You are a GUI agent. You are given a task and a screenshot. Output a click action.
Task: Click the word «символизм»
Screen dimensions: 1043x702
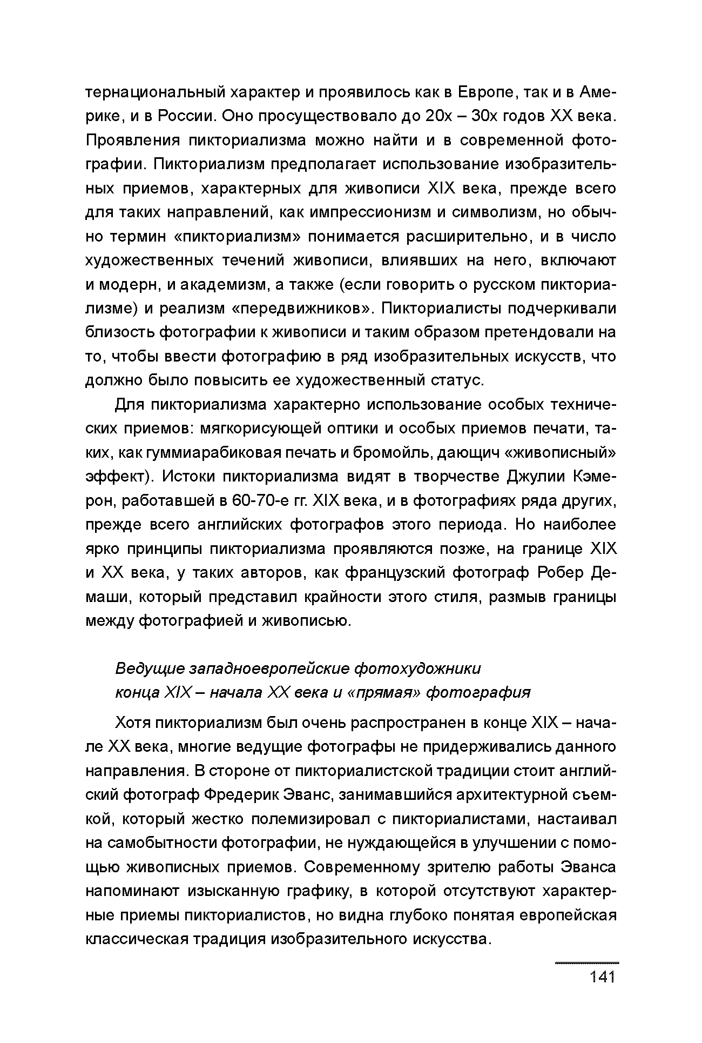click(495, 213)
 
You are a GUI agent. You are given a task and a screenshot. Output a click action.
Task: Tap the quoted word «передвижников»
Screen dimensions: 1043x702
click(302, 309)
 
